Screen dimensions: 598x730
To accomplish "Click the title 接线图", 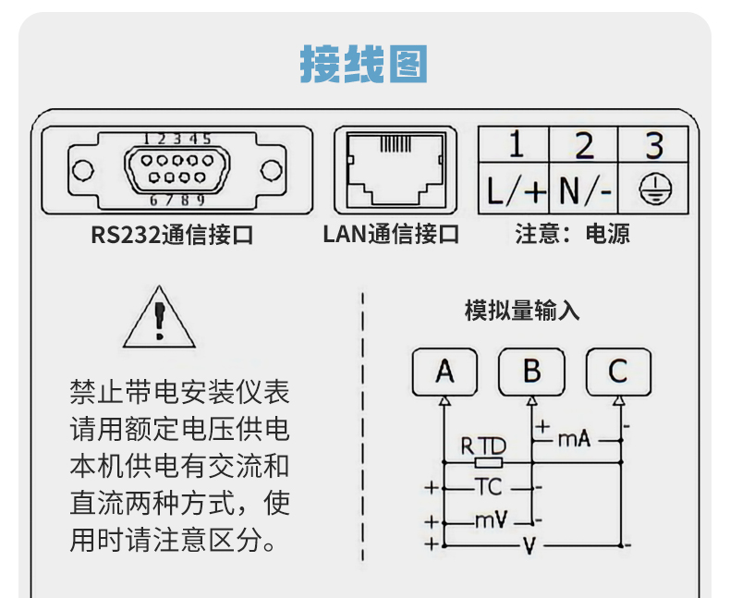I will coord(364,65).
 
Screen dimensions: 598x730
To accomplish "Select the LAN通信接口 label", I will coord(391,235).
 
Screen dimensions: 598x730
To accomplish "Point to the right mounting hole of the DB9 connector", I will coord(271,171).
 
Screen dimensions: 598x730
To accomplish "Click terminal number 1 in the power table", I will coord(515,146).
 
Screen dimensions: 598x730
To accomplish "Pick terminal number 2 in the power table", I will coord(584,146).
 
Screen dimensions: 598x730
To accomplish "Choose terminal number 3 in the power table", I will coord(654,146).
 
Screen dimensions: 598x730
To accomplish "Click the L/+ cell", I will coord(516,191).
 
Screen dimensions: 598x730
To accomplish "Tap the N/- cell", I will coord(584,191).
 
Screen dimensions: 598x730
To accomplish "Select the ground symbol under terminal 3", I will coord(654,191).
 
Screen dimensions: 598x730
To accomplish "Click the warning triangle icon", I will coord(159,319).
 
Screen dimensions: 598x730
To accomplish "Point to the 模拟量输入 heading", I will coord(522,311).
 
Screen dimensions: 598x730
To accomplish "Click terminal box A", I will coord(445,372).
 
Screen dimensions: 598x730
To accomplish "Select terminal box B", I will coord(531,372).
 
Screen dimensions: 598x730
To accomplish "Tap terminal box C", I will coord(618,372).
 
